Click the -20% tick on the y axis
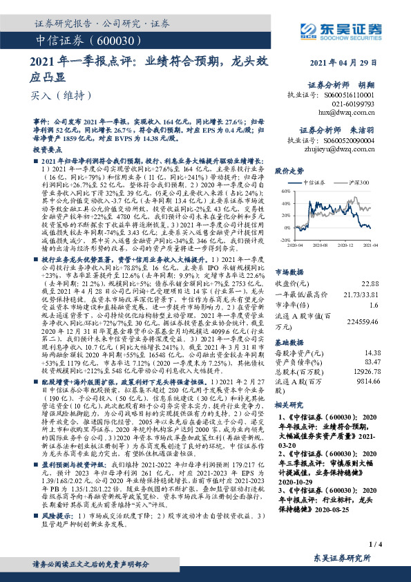[283, 239]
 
